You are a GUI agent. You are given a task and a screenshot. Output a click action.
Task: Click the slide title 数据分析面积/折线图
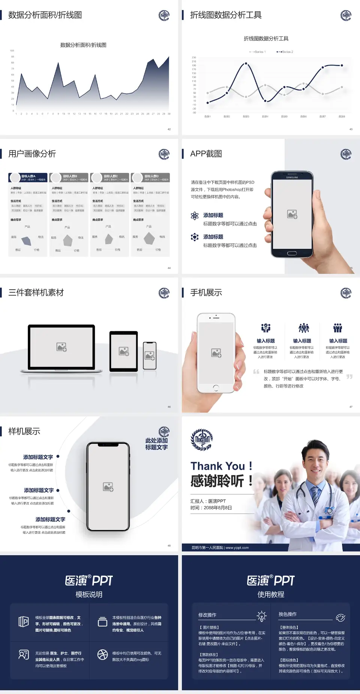[45, 15]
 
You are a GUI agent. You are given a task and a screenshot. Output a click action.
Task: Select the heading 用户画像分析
[32, 154]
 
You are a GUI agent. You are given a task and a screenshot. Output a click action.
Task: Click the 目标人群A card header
[28, 177]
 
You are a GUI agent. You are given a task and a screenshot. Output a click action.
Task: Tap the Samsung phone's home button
[292, 253]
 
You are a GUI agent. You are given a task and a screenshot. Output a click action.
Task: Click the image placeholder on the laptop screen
[61, 347]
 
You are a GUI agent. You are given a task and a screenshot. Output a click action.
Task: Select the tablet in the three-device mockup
[124, 352]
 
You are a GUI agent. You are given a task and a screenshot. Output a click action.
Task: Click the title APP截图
[206, 154]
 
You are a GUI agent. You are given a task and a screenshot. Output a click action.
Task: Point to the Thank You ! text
[221, 466]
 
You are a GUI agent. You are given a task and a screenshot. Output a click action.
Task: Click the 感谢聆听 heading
[221, 481]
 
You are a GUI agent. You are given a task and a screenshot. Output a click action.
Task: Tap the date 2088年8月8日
[218, 508]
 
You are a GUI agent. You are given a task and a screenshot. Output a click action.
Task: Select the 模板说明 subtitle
[89, 595]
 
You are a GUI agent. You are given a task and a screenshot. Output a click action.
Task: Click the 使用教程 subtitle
[271, 595]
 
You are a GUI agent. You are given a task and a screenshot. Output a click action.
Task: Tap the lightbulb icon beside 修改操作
[261, 616]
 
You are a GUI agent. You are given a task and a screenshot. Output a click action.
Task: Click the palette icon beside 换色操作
[340, 617]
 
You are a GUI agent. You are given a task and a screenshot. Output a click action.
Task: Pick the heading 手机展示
[206, 293]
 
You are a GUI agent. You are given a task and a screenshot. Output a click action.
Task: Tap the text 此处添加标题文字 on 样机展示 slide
[156, 444]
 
